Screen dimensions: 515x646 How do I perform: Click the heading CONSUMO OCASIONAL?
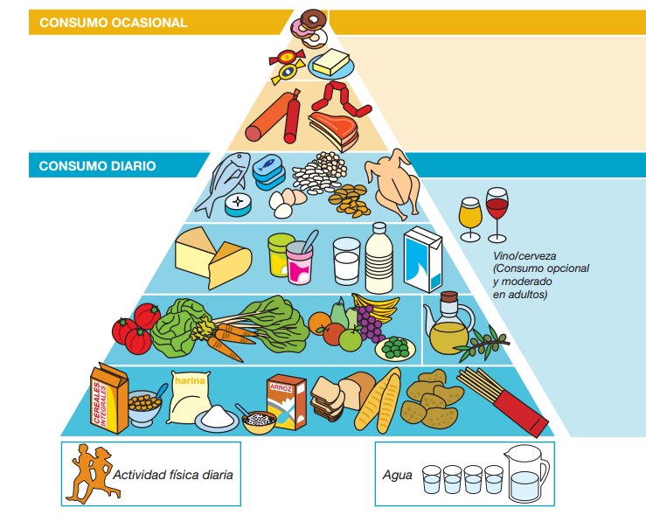click(x=113, y=23)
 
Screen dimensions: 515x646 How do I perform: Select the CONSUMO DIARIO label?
click(x=98, y=165)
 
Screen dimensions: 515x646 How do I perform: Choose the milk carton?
click(x=423, y=258)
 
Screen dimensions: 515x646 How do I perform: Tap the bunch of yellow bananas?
click(x=371, y=309)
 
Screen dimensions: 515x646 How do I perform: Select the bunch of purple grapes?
click(x=371, y=329)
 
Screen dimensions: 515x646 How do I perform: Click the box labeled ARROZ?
click(x=286, y=402)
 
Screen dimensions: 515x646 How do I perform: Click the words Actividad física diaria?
click(x=172, y=476)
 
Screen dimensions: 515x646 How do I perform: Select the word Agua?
click(x=397, y=476)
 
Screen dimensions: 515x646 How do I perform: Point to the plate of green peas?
click(x=395, y=348)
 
